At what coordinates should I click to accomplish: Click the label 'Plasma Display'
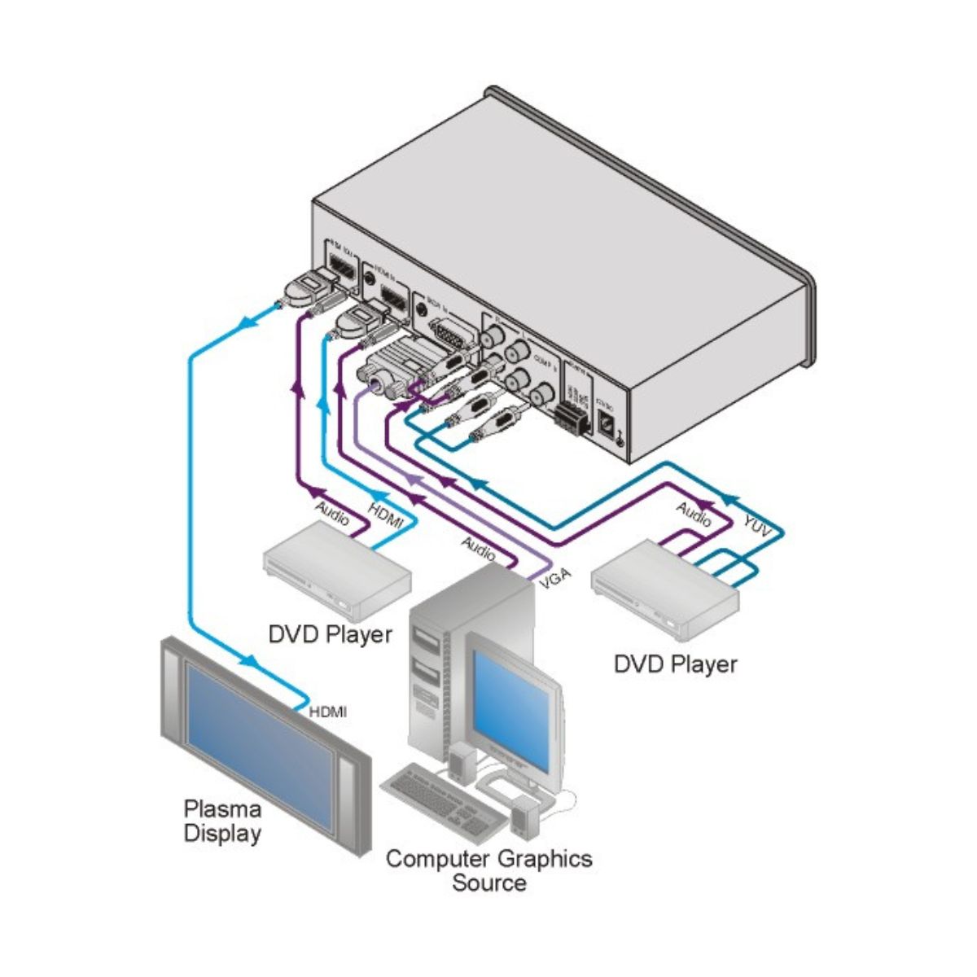pyautogui.click(x=222, y=821)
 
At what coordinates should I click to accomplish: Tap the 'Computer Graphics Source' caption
pyautogui.click(x=488, y=870)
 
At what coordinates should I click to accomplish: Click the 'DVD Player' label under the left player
pyautogui.click(x=331, y=633)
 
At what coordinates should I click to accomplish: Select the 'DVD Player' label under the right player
pyautogui.click(x=675, y=664)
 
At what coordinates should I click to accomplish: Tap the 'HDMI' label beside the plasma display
pyautogui.click(x=328, y=712)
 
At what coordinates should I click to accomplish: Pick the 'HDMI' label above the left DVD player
pyautogui.click(x=386, y=516)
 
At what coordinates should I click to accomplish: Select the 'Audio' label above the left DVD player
pyautogui.click(x=333, y=515)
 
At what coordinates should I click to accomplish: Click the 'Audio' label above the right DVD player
pyautogui.click(x=694, y=514)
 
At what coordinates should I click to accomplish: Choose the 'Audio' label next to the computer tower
pyautogui.click(x=478, y=548)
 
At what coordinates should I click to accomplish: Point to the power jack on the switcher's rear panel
pyautogui.click(x=606, y=422)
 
